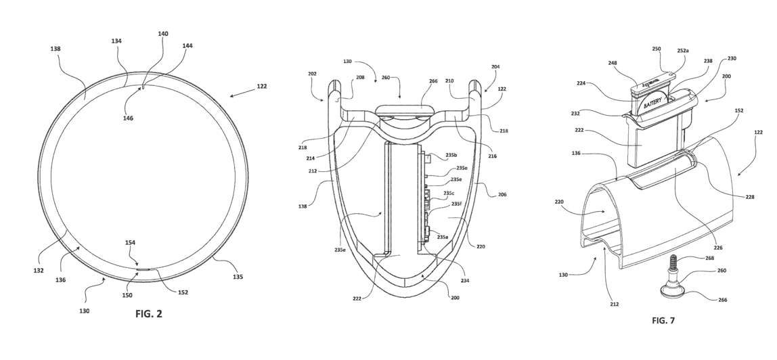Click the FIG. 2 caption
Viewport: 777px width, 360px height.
(149, 314)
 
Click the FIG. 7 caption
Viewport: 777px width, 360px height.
(663, 320)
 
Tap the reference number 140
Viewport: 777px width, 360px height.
(163, 34)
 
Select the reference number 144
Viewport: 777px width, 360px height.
(187, 45)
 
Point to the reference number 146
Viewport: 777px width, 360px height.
(129, 118)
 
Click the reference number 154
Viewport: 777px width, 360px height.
(131, 243)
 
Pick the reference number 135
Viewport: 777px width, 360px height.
(238, 277)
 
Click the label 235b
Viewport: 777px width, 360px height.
(451, 155)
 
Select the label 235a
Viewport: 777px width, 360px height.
(443, 238)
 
